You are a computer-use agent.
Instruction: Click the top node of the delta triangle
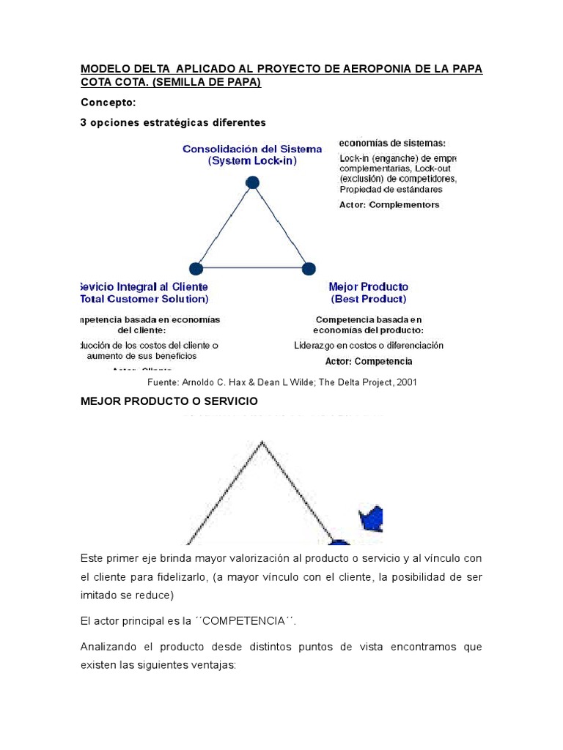(x=252, y=182)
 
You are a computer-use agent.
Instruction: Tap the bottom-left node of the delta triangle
(x=196, y=269)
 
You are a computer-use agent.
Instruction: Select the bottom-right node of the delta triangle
(x=309, y=269)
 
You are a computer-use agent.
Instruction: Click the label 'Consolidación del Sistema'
(x=252, y=149)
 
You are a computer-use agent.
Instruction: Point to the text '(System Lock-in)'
(x=252, y=160)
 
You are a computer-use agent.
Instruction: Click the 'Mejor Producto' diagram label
(x=368, y=286)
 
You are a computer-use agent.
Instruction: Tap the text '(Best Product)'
(x=368, y=299)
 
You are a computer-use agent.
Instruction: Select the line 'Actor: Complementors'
(x=389, y=205)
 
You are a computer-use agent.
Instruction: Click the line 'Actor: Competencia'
(x=369, y=361)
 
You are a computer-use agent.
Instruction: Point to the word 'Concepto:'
(x=108, y=103)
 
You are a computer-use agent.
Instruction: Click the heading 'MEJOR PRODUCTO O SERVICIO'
(x=169, y=401)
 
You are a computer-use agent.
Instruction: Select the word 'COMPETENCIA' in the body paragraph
(x=245, y=621)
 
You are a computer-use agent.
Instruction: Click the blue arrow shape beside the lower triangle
(x=372, y=519)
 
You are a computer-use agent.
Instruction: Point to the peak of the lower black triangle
(x=262, y=442)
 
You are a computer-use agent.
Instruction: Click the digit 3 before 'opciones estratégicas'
(x=84, y=122)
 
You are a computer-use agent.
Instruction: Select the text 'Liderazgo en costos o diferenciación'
(x=369, y=345)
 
